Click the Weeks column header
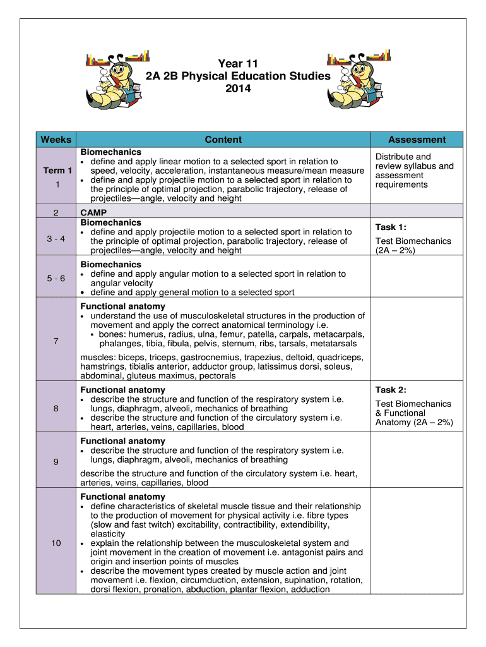tap(56, 140)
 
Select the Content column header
tap(223, 140)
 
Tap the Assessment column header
tap(417, 140)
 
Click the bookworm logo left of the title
tap(117, 76)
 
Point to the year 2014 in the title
tap(238, 89)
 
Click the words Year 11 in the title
tap(238, 64)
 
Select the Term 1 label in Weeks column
tap(57, 171)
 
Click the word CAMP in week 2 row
tap(93, 213)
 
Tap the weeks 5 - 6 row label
tap(57, 278)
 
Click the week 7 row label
tap(57, 341)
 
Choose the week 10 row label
tap(57, 543)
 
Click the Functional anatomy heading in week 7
tap(122, 306)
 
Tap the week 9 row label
tap(57, 462)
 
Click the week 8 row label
tap(57, 409)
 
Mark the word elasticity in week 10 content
tap(108, 534)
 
